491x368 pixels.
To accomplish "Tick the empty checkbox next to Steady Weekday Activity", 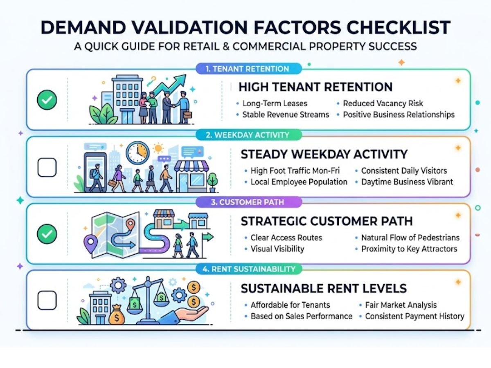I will pos(47,167).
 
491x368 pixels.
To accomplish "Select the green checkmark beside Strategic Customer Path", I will pos(47,234).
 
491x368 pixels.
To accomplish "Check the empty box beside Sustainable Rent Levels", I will pos(47,301).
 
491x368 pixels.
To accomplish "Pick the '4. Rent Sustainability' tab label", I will pos(248,269).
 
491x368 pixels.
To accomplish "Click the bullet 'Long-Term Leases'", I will pos(275,103).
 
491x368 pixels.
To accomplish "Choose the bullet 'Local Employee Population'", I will pos(299,182).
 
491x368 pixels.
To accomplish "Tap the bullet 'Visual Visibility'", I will pos(277,249).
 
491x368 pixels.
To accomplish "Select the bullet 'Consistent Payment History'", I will pos(414,316).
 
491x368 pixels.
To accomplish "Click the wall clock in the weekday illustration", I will pos(137,153).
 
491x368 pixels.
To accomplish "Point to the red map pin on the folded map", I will pos(131,224).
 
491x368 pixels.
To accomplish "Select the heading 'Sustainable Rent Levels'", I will pos(323,288).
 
